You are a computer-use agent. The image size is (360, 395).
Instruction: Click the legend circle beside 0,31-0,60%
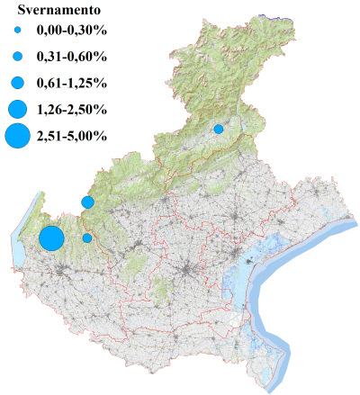point(17,57)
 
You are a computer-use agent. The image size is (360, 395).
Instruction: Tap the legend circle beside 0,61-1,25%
point(17,83)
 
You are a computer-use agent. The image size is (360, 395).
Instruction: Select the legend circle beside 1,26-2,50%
point(17,110)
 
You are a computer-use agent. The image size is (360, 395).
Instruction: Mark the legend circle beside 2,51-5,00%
point(17,137)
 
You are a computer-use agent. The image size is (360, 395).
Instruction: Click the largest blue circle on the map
point(51,238)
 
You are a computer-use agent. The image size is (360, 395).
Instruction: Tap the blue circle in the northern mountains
point(219,129)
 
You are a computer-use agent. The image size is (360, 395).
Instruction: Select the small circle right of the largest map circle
point(87,238)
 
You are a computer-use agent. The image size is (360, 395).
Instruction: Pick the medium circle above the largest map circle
point(87,202)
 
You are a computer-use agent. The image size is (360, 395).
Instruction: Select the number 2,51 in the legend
point(49,137)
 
